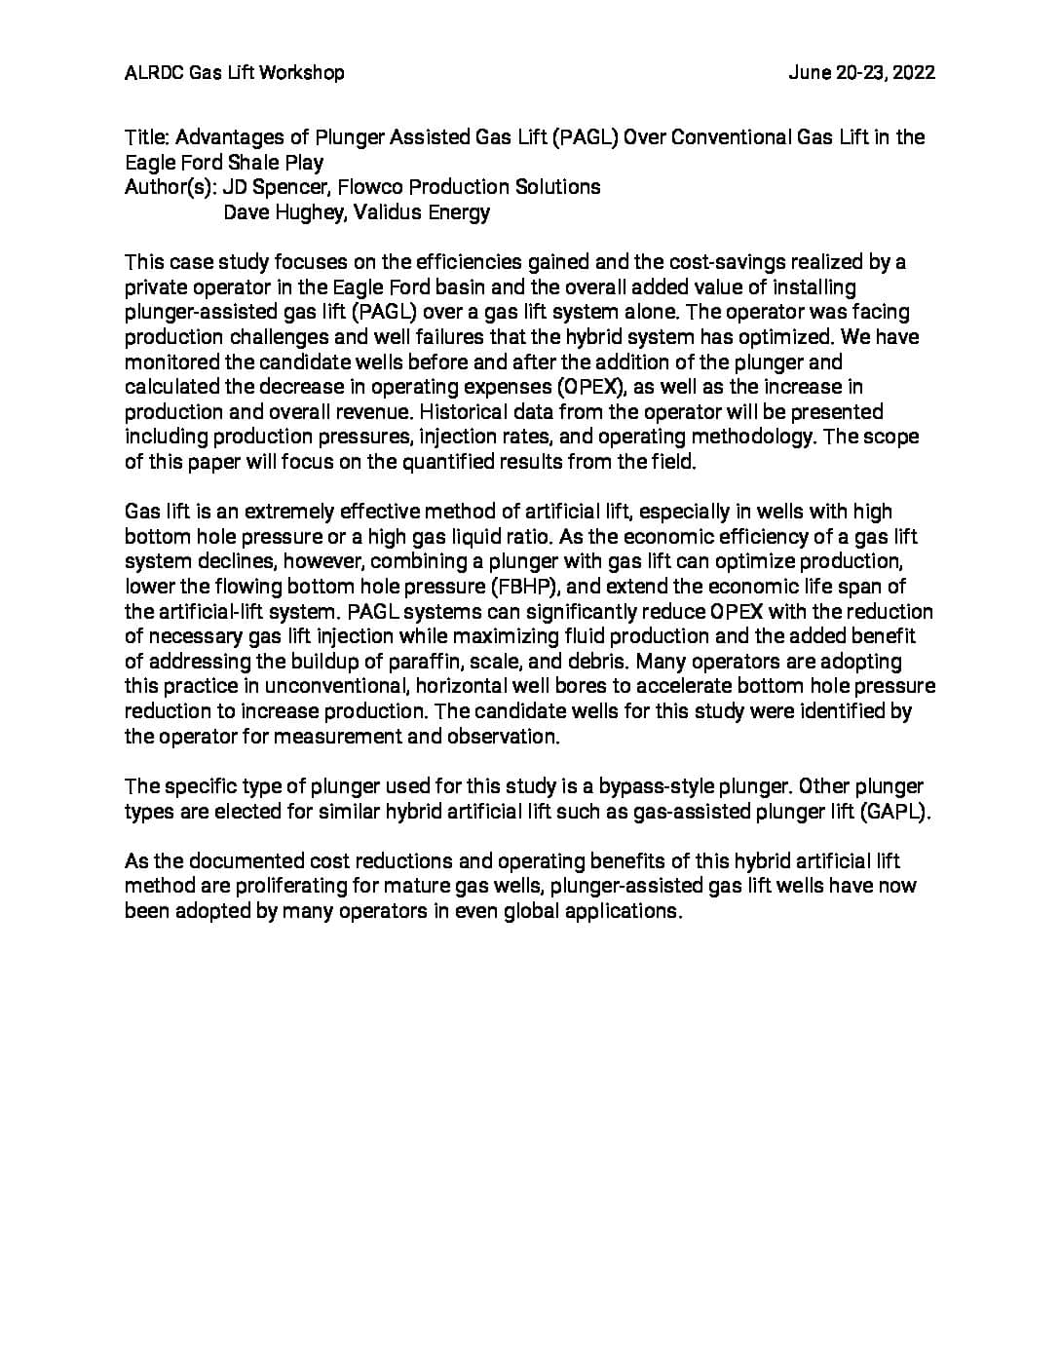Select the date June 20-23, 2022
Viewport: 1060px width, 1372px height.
[861, 72]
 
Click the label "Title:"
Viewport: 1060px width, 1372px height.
[147, 137]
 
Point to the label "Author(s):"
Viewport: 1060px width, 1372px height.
[170, 187]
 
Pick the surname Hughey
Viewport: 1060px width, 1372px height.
[308, 212]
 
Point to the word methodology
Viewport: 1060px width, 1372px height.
[755, 438]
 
